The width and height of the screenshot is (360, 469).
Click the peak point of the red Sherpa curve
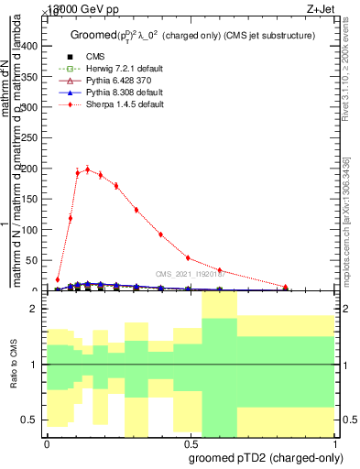click(x=88, y=169)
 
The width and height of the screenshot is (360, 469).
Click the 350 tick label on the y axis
click(x=33, y=77)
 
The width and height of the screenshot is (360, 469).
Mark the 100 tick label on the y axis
click(x=33, y=230)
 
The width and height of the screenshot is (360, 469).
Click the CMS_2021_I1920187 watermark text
click(x=190, y=273)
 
